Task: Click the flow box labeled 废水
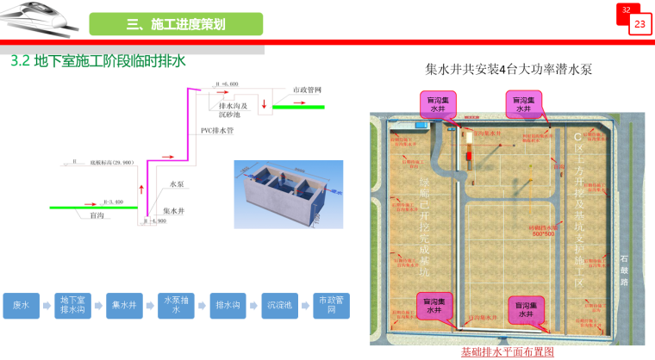(21, 306)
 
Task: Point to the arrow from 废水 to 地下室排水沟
(47, 306)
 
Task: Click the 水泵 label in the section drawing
(177, 183)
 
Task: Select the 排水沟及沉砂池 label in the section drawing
(232, 109)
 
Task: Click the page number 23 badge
(639, 25)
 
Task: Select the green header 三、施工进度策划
(176, 24)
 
